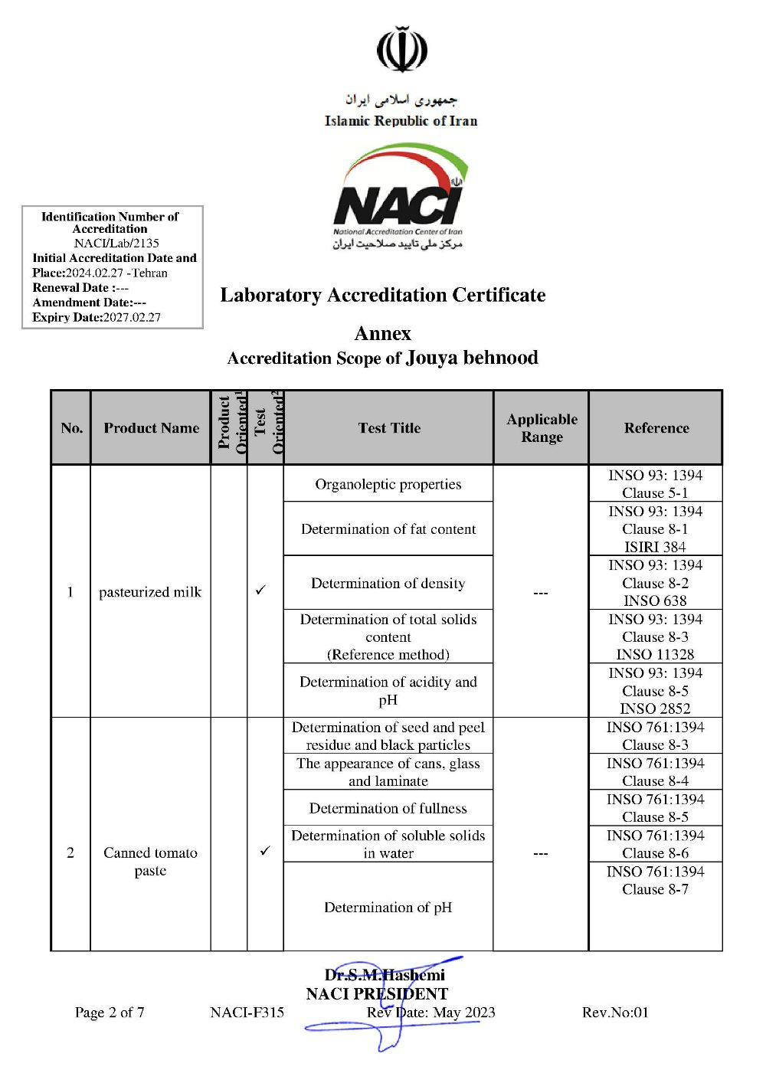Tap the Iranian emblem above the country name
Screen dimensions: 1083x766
point(402,50)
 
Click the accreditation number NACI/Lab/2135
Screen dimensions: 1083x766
point(116,243)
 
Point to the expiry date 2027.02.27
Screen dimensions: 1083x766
point(132,317)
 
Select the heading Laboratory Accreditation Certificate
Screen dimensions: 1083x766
point(383,295)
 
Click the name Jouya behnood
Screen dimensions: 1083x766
point(472,358)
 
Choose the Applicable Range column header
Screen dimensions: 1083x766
point(542,428)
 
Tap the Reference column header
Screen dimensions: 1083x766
point(656,428)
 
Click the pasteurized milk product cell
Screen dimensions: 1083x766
point(150,592)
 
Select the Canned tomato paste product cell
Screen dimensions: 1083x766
point(150,862)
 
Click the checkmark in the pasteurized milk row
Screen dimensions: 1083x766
point(261,591)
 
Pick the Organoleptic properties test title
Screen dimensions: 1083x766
point(388,484)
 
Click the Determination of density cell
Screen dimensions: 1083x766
point(388,584)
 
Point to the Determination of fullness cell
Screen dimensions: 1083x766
point(388,808)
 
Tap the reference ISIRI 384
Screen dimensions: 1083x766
point(655,547)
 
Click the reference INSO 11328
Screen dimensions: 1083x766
point(655,654)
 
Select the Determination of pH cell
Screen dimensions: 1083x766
point(388,908)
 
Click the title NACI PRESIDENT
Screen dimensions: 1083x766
point(377,994)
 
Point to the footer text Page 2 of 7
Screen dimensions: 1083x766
point(110,1013)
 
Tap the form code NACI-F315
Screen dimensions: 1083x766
point(247,1013)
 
